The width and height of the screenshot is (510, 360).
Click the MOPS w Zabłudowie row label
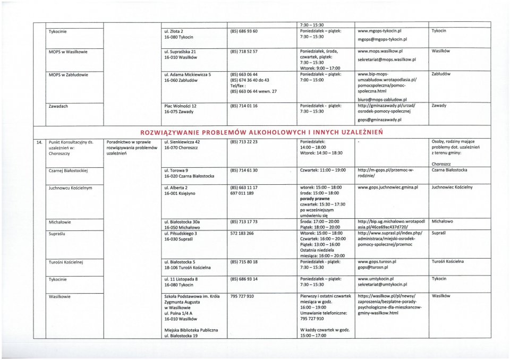coord(69,74)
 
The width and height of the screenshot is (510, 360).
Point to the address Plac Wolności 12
coord(181,106)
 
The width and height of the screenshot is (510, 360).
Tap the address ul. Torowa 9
coord(177,170)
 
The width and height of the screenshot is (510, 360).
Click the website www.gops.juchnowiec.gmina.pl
coord(388,187)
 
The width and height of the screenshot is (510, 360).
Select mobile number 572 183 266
coord(242,233)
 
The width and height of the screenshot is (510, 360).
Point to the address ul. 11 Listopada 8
coord(181,279)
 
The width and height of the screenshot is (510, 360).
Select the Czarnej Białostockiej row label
coord(69,170)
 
